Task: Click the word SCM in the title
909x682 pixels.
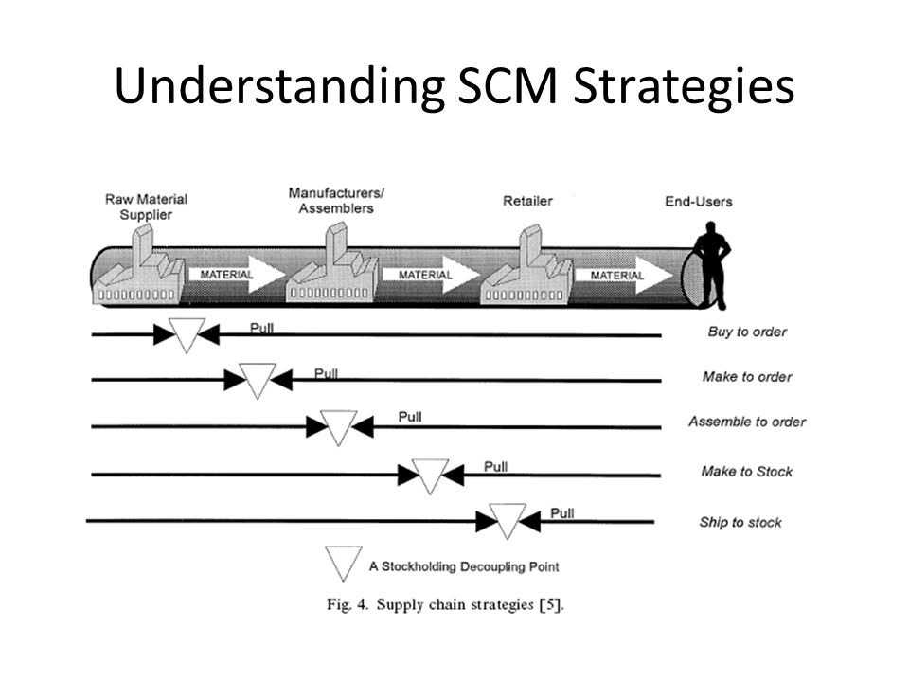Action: coord(508,86)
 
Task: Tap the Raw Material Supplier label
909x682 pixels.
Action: coord(146,207)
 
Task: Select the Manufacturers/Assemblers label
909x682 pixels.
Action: coord(337,201)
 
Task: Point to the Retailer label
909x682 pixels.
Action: coord(527,201)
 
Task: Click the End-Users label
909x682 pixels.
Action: coord(699,202)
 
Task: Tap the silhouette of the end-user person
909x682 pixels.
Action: coord(712,265)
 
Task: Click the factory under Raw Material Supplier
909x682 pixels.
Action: coord(139,265)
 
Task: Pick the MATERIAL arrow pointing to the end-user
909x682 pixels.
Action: coord(624,275)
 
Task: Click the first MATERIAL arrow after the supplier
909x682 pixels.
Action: coord(237,275)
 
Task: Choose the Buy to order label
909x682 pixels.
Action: coord(747,332)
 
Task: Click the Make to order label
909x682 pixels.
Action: coord(747,377)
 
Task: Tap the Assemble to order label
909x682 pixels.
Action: coord(747,422)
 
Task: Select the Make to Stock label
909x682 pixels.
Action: coord(747,472)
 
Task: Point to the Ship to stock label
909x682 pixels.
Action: coord(740,523)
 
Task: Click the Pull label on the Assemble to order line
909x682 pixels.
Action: coord(410,417)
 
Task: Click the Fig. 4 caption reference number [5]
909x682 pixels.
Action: coord(551,605)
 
